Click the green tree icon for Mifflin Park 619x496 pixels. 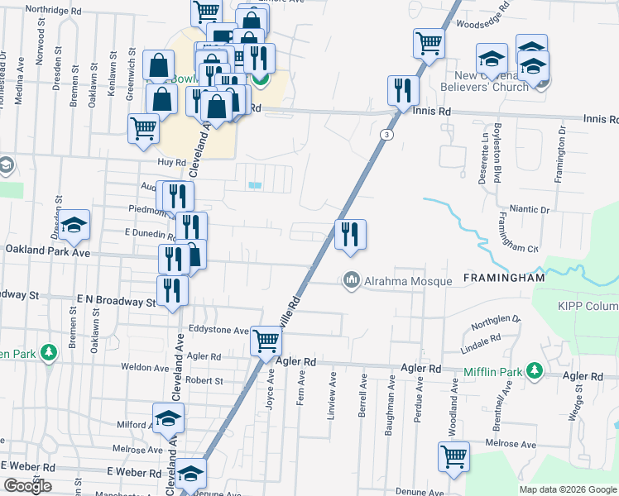(535, 369)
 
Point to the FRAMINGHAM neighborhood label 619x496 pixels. (504, 279)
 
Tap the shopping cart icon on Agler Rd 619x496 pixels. (266, 339)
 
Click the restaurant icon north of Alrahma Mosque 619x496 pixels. (350, 234)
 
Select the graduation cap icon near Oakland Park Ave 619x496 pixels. (74, 225)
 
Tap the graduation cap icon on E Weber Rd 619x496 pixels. (190, 474)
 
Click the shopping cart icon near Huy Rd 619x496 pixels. (143, 128)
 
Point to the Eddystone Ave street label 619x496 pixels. (218, 331)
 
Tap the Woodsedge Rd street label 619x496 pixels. (485, 25)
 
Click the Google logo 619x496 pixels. (26, 486)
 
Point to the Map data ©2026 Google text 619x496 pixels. (568, 489)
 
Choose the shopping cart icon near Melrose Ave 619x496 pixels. (454, 456)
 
